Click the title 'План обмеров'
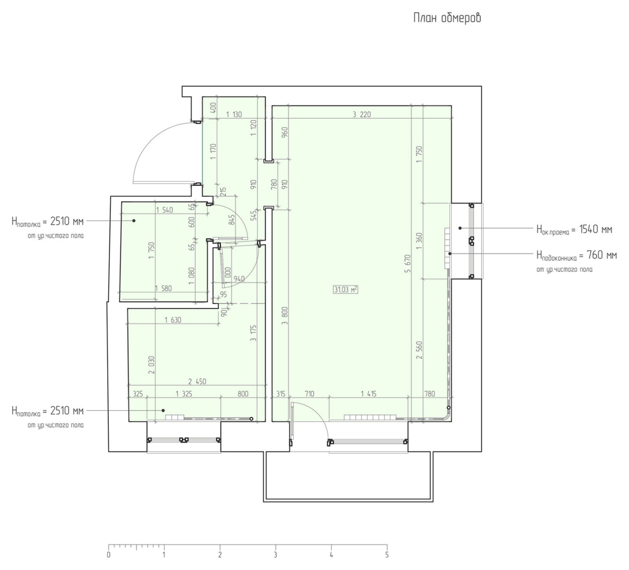tap(447, 18)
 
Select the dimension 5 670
tap(407, 264)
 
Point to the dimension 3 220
tap(362, 115)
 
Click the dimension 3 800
tap(285, 316)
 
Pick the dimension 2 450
tap(197, 381)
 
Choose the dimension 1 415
tap(368, 393)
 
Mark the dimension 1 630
tap(173, 320)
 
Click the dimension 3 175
tap(254, 333)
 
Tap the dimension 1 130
tap(234, 115)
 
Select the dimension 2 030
tap(152, 365)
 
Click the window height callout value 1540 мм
tap(595, 229)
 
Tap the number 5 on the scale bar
tap(387, 555)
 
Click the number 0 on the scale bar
tap(109, 555)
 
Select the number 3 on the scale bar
tap(276, 555)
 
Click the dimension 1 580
tap(163, 288)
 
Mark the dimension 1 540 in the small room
tap(164, 210)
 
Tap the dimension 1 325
tap(184, 393)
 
